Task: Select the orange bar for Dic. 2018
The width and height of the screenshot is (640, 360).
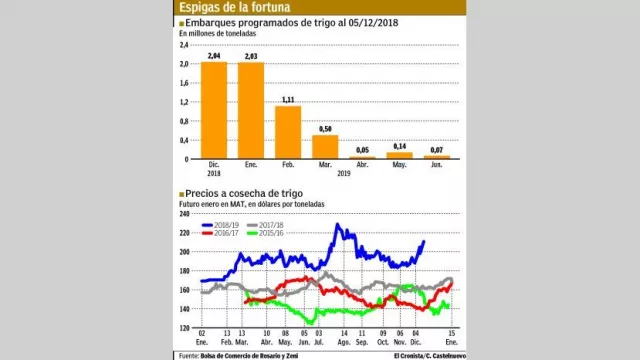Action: click(214, 110)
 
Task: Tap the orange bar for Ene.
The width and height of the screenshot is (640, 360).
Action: click(250, 111)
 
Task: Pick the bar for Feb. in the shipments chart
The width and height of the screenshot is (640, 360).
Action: click(288, 132)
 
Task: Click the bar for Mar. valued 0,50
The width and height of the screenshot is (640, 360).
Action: click(325, 146)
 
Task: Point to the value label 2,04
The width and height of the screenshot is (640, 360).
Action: click(213, 56)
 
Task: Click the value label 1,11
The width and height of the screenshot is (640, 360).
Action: click(288, 100)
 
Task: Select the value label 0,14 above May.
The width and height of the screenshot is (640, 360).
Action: click(400, 146)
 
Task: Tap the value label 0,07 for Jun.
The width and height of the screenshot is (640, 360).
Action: click(437, 149)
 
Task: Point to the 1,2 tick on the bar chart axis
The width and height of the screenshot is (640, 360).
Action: click(184, 102)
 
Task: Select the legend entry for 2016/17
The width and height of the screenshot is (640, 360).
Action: click(222, 235)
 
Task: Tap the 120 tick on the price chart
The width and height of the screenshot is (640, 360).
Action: click(185, 328)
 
